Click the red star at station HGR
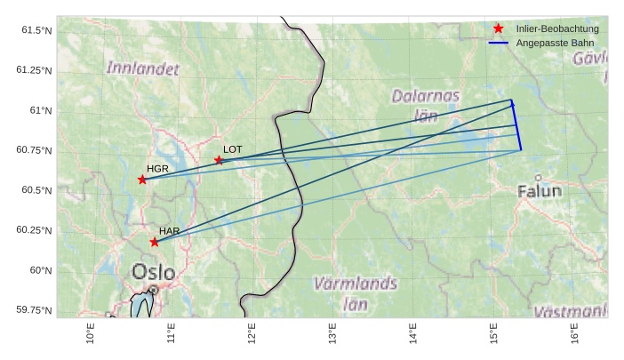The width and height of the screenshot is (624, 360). (x=142, y=180)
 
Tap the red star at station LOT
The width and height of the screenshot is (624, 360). (x=219, y=160)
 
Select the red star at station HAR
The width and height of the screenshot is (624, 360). (x=155, y=242)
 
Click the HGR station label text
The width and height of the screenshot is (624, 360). (x=157, y=168)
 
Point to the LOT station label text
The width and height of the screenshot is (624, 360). (x=233, y=148)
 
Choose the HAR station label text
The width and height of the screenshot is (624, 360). (x=170, y=230)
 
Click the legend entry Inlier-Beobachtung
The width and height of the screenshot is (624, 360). (x=557, y=28)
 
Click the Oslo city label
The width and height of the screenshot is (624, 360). (x=153, y=271)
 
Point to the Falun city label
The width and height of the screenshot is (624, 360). (x=540, y=190)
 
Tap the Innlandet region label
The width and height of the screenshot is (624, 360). (x=142, y=68)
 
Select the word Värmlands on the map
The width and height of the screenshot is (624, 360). (x=356, y=284)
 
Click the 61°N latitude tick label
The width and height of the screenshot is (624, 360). (x=41, y=110)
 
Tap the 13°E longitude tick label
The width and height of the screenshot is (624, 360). (x=332, y=336)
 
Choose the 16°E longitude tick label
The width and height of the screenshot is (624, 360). (x=573, y=336)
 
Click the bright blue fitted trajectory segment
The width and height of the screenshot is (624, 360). (x=516, y=124)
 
